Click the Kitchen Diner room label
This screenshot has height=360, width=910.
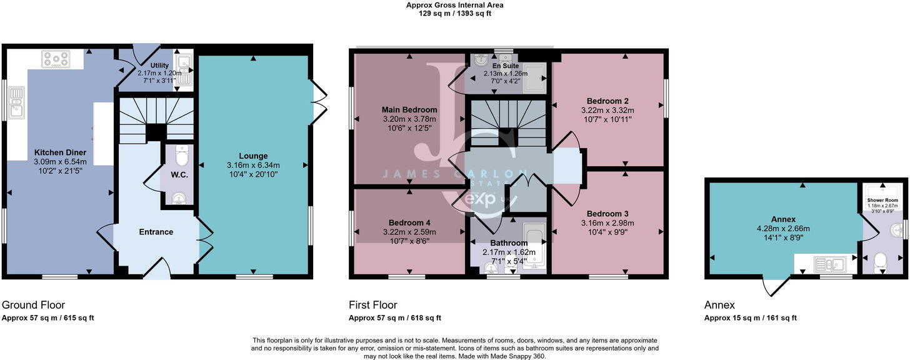(60, 152)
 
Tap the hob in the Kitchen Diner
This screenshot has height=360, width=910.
(56, 59)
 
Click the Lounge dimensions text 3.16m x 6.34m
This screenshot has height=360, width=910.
(253, 165)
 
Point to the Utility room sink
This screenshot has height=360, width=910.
(184, 62)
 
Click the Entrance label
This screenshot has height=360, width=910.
(156, 232)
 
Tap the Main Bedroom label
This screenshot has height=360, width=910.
(409, 110)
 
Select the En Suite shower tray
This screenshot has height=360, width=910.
(534, 79)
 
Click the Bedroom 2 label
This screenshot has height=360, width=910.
(607, 101)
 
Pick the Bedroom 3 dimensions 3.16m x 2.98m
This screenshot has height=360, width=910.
(607, 223)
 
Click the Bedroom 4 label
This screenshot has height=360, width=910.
(409, 222)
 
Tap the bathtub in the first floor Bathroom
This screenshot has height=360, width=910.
(534, 244)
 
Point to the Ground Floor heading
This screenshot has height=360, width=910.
(33, 305)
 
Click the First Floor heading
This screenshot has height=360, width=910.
(372, 305)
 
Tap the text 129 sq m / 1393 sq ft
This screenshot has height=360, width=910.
(454, 13)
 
